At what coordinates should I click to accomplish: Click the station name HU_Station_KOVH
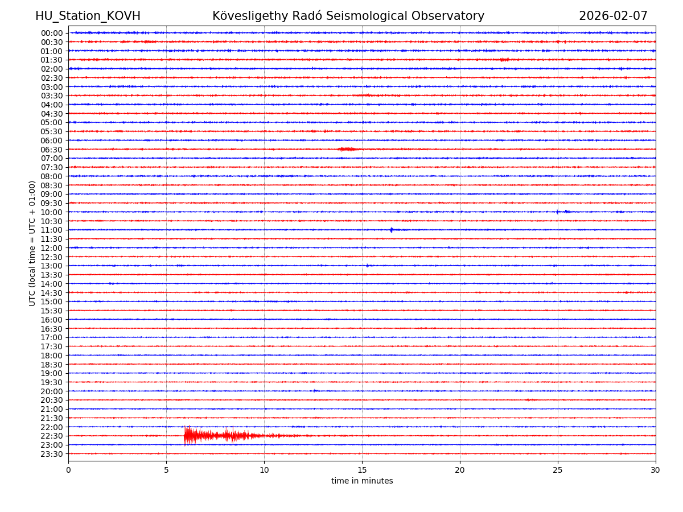coord(88,16)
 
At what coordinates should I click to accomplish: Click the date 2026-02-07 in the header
coord(613,16)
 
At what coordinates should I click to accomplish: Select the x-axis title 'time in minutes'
coord(362,481)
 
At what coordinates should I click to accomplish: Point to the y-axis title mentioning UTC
coord(32,243)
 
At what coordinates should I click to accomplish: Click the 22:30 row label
coord(52,436)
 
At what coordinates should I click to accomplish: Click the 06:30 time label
coord(52,149)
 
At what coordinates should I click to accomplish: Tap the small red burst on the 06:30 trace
coord(347,149)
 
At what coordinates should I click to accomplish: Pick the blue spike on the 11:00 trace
coord(392,230)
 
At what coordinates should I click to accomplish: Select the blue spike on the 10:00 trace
coord(558,212)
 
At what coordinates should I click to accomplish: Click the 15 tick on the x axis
coord(362,470)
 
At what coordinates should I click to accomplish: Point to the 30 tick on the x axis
coord(656,470)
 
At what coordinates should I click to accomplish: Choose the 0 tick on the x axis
coord(68,470)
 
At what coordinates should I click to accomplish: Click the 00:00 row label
coord(52,33)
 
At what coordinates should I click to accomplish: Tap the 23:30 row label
coord(52,454)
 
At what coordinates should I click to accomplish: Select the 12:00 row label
coord(52,248)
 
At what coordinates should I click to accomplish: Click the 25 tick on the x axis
coord(558,470)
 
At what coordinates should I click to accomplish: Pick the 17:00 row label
coord(52,337)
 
